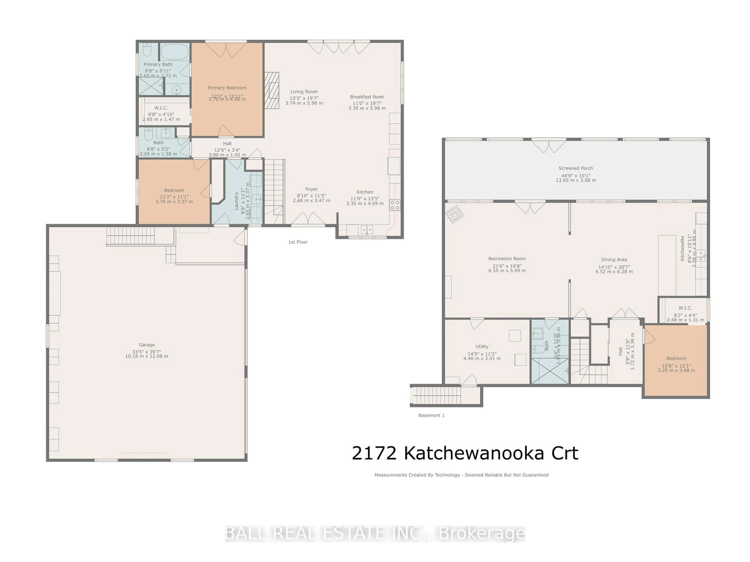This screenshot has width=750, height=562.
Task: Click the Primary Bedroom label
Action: pos(227,88)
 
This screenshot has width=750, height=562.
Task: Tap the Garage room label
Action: pos(146,344)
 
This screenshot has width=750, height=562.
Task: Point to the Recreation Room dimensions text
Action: pos(507,268)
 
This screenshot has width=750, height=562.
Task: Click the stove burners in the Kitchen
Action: pos(395,205)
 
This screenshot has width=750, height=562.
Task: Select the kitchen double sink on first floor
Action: pos(367,230)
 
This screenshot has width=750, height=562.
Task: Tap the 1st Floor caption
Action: pos(298,242)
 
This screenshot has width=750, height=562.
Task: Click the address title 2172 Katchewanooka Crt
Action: pos(465,453)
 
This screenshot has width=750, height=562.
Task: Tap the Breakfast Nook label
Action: pos(367,97)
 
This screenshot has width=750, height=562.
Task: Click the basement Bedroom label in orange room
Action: pos(676,358)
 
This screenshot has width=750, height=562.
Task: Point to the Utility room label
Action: pos(482,347)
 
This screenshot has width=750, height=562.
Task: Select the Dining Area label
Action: pos(614,260)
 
